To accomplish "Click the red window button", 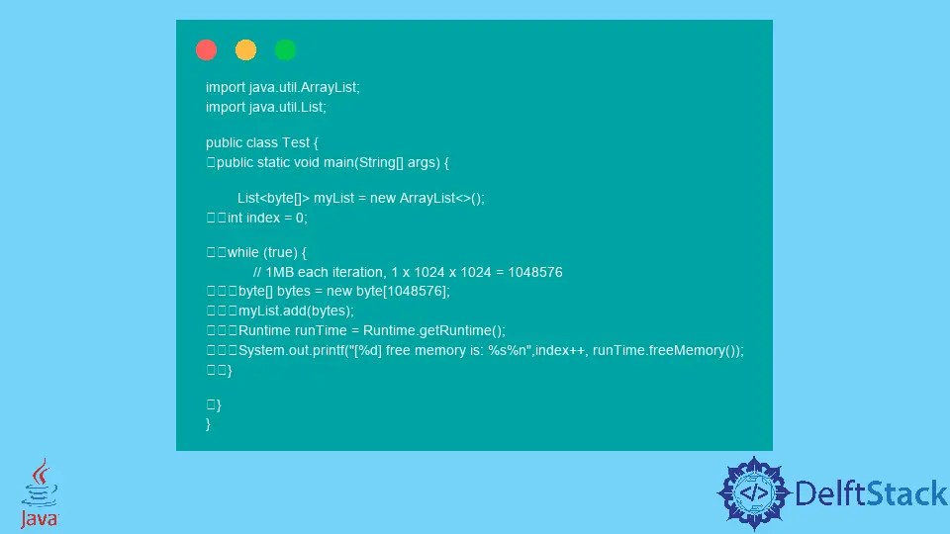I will coord(206,49).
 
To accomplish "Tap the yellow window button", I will coord(245,49).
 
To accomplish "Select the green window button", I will coord(285,49).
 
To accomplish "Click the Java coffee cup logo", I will coord(40,492).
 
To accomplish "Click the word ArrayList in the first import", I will coord(329,87).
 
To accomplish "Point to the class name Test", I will coord(296,142).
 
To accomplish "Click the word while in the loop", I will coord(243,252).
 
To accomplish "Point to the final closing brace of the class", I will coord(209,423).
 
